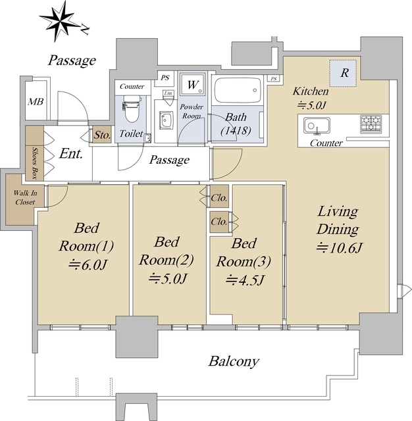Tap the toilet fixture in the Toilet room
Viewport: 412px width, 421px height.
click(132, 110)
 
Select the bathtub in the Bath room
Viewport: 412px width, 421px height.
click(238, 90)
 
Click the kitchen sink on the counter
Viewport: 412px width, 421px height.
click(317, 125)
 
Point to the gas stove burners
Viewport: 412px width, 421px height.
click(371, 124)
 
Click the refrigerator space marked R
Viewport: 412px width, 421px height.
click(343, 73)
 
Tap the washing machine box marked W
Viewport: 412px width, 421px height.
click(192, 85)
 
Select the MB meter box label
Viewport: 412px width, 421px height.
click(36, 102)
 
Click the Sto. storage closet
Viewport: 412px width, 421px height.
click(102, 134)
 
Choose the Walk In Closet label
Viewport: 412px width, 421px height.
click(25, 197)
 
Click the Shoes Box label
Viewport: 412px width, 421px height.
click(34, 163)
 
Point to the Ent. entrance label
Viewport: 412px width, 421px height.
click(70, 153)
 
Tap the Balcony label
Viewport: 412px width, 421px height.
click(234, 361)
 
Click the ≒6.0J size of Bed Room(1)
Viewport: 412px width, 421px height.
click(88, 264)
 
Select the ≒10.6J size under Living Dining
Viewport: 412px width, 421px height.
click(339, 247)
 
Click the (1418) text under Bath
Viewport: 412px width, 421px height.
click(236, 130)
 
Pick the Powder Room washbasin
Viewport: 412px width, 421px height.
click(166, 120)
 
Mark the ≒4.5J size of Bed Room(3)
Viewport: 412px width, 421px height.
click(244, 280)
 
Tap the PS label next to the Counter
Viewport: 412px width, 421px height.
click(165, 78)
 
